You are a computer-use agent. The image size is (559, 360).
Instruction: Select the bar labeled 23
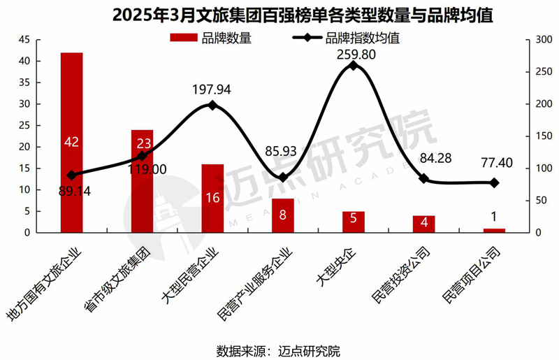pos(142,182)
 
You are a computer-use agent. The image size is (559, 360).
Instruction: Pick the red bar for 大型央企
pos(353,222)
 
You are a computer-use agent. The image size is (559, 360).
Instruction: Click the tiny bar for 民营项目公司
pos(493,230)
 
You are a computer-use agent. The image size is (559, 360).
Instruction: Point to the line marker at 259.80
pos(353,66)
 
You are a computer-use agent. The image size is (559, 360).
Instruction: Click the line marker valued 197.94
pos(212,106)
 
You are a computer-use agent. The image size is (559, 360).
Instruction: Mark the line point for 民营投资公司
pos(423,178)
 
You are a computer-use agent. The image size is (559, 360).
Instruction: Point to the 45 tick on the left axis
pos(25,40)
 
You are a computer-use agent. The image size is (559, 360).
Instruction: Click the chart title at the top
pos(279,14)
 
